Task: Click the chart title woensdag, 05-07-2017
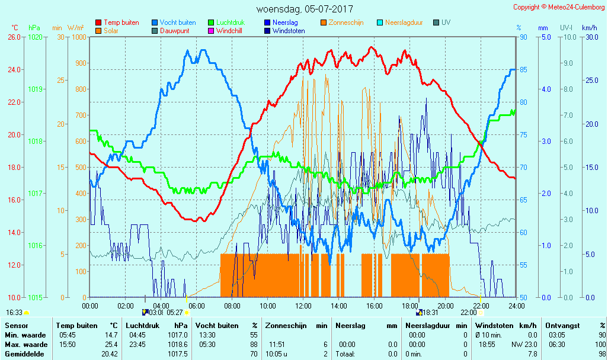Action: pos(305,9)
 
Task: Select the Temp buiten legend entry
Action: pos(121,22)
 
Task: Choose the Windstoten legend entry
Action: pos(289,31)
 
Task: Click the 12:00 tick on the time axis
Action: pos(303,306)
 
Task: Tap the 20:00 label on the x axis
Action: pos(445,306)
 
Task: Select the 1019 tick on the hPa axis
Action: pos(35,89)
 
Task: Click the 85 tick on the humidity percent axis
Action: pos(523,69)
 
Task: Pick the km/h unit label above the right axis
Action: pos(589,28)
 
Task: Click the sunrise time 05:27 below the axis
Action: pos(174,312)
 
